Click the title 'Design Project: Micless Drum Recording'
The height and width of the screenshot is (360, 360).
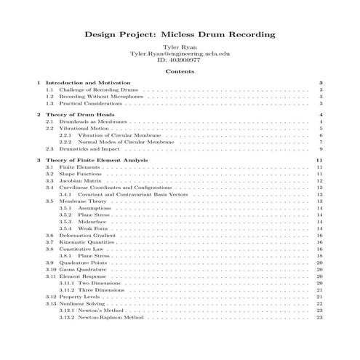coord(179,34)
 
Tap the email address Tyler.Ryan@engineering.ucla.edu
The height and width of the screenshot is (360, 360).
coord(179,55)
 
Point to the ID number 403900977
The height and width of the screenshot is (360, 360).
coord(179,61)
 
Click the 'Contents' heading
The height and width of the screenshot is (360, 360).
coord(179,72)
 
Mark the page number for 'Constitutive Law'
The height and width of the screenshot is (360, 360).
coord(320,249)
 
